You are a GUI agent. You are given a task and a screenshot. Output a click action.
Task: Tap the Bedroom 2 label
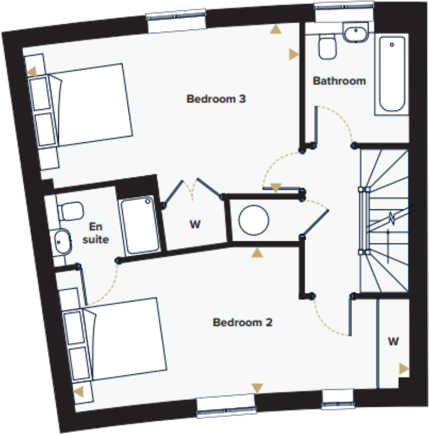click(242, 322)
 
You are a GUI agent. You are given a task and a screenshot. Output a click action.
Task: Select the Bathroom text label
click(339, 81)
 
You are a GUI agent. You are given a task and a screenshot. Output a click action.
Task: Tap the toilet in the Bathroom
click(327, 46)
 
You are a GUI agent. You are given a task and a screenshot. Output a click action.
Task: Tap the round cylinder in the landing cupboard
click(254, 221)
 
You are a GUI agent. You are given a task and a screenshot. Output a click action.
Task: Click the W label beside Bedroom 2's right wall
click(393, 341)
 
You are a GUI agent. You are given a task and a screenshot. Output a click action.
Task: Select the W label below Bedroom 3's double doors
click(195, 225)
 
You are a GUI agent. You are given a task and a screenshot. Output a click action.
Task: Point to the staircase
click(384, 220)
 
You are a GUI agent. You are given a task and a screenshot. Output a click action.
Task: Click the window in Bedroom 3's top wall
click(177, 21)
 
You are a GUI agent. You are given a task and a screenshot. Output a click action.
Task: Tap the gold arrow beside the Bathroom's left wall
click(294, 54)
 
